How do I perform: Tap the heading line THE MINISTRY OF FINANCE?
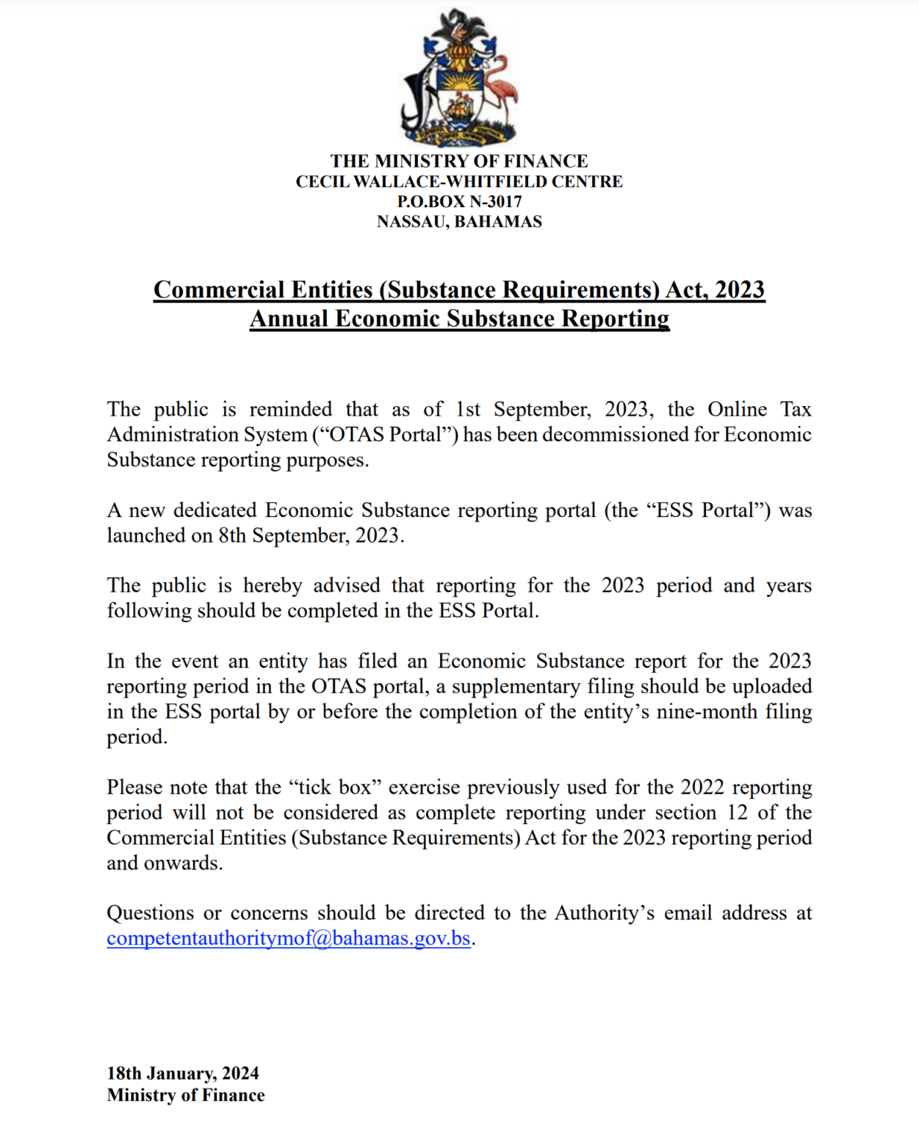[x=459, y=161]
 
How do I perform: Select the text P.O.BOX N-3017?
[x=459, y=201]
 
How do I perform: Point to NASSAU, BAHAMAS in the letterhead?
[x=459, y=222]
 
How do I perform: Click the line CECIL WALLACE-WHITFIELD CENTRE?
[x=459, y=181]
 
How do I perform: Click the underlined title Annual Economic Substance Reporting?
[x=459, y=319]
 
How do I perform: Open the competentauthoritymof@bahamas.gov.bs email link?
[x=289, y=939]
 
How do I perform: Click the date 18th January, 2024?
[x=183, y=1074]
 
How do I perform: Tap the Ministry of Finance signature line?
[x=186, y=1095]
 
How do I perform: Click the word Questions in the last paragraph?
[x=151, y=913]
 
